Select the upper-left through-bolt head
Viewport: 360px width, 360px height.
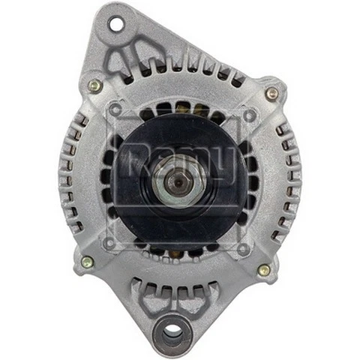(93, 85)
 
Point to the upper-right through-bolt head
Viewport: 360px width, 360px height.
(271, 94)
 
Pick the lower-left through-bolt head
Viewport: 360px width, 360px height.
(87, 262)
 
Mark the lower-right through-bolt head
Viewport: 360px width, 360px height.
(263, 270)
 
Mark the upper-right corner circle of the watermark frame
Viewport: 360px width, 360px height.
(250, 115)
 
